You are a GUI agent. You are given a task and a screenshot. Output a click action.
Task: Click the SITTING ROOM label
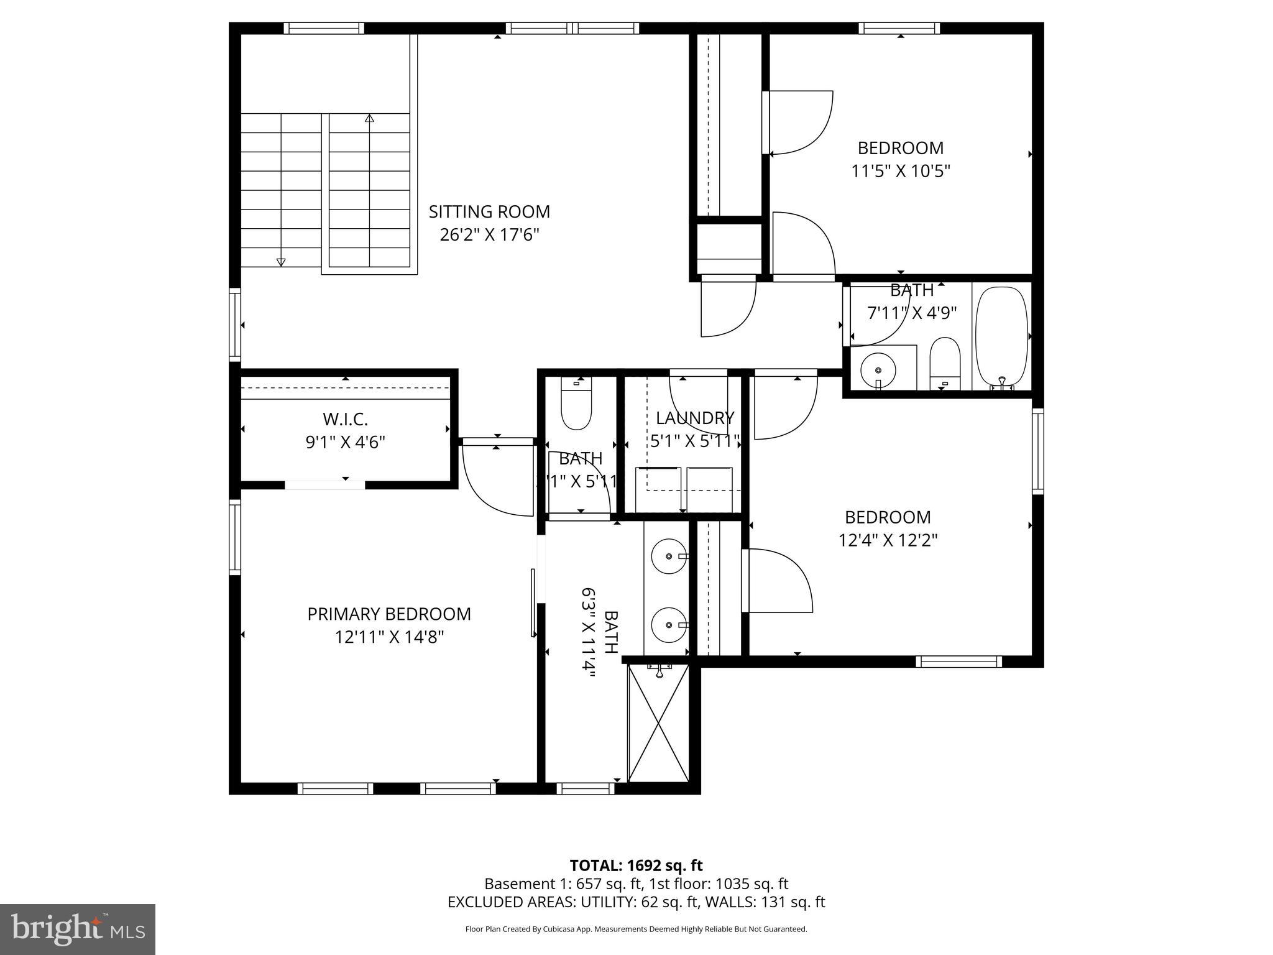[489, 212]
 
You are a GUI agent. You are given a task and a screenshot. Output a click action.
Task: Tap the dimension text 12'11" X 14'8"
[389, 637]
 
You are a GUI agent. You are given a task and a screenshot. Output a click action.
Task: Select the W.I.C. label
[345, 418]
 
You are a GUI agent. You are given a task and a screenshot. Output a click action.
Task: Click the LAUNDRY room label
[694, 418]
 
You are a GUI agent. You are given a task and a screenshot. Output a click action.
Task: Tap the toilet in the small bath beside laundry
[576, 404]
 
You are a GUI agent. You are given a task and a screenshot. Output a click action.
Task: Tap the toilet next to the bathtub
[945, 362]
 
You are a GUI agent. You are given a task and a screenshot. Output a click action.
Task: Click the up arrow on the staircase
[370, 118]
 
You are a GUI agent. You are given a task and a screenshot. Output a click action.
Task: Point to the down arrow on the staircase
[281, 262]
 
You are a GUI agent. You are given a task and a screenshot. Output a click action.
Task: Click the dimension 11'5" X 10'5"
[901, 171]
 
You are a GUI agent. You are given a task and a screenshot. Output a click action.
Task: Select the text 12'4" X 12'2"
[888, 540]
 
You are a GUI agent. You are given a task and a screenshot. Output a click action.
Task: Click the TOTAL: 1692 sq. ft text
[636, 865]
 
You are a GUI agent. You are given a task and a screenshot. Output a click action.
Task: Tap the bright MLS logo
[78, 929]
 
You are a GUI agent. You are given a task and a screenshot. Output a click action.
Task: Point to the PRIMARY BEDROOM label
[389, 614]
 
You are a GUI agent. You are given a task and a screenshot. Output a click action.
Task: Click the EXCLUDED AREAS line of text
[636, 902]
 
